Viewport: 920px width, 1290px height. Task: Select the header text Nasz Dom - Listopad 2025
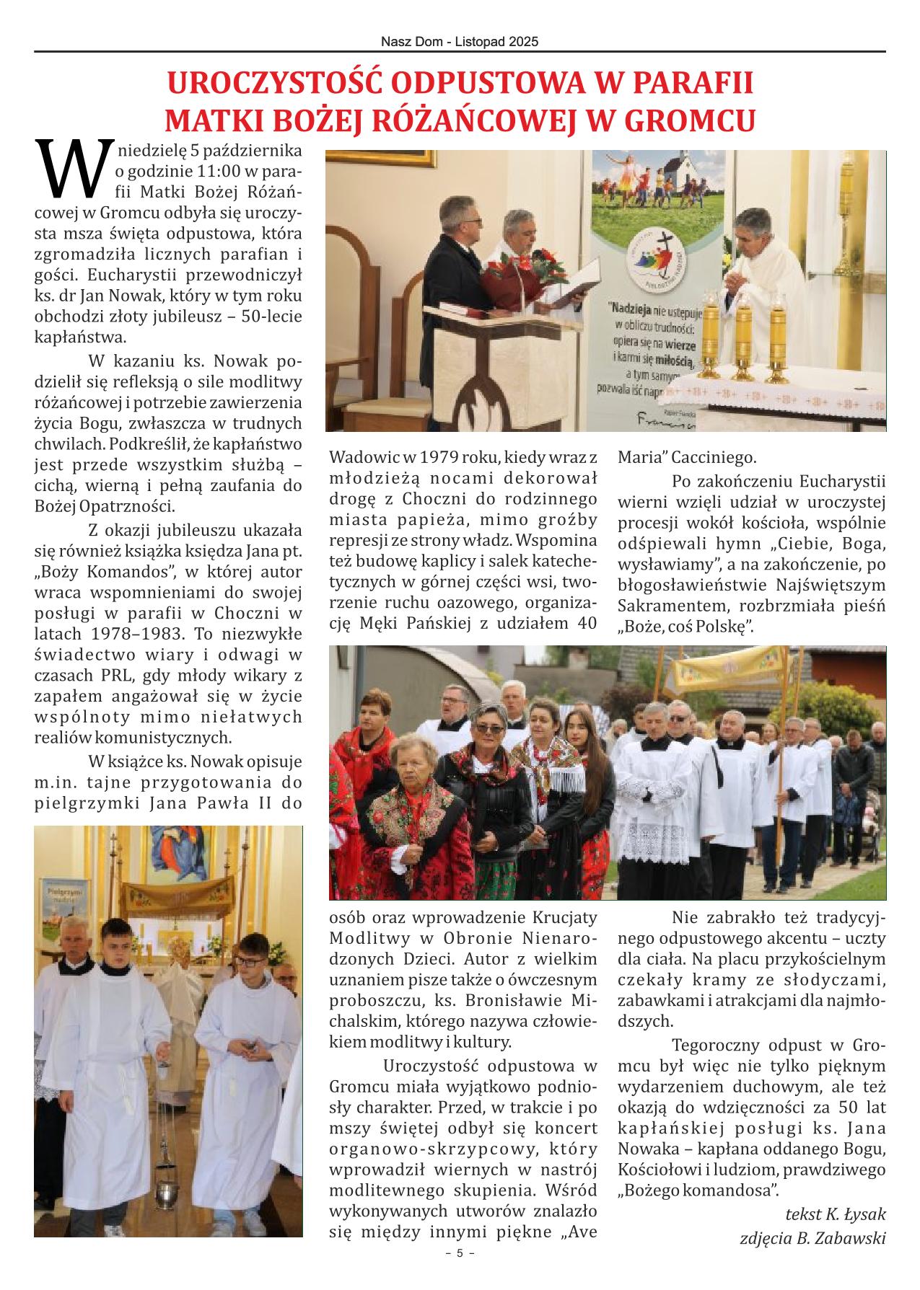pyautogui.click(x=460, y=43)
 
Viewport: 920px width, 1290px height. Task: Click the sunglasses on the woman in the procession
pyautogui.click(x=489, y=729)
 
